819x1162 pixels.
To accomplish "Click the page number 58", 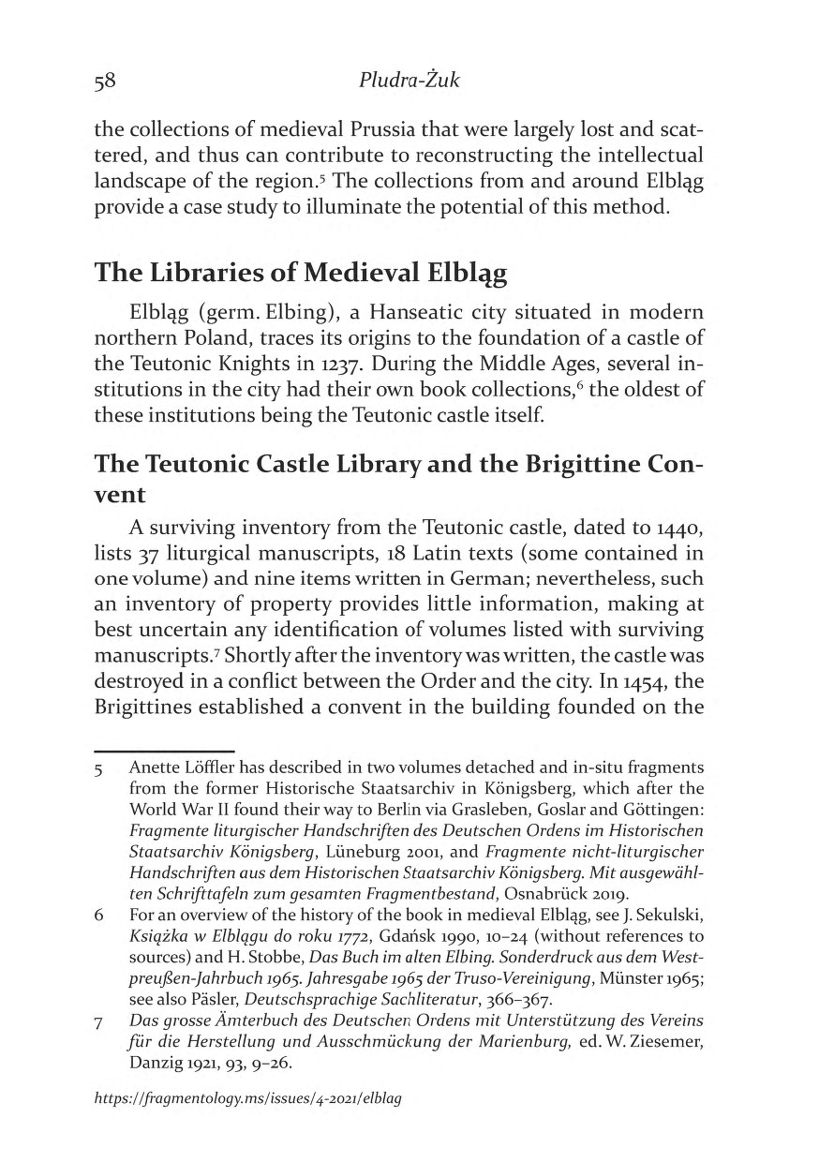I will click(x=104, y=82).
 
